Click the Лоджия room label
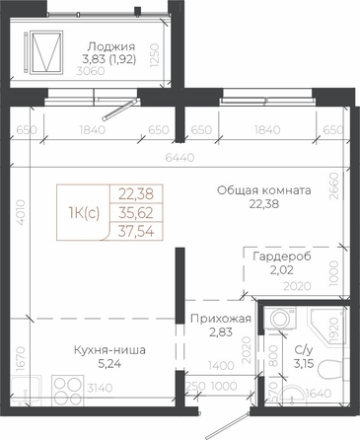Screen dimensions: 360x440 [x=111, y=46]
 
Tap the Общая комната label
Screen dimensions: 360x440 [x=264, y=190]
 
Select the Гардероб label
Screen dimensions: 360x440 [x=282, y=257]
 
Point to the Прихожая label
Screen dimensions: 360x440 [x=221, y=319]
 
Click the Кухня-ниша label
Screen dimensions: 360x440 [x=109, y=350]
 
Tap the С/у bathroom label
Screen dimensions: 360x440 [x=304, y=350]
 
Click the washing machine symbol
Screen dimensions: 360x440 [x=280, y=318]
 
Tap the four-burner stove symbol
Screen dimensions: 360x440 [x=68, y=391]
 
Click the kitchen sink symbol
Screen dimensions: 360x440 [x=25, y=391]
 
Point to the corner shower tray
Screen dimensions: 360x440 [x=326, y=326]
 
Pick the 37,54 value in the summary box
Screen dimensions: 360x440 [x=136, y=232]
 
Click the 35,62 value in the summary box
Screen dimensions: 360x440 [x=136, y=213]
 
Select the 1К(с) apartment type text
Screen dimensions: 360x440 [x=84, y=213]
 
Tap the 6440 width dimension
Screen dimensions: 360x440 [x=180, y=158]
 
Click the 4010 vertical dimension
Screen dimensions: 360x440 [x=21, y=212]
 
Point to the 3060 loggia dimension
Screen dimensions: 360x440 [x=91, y=71]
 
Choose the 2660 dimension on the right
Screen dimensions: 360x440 [x=333, y=186]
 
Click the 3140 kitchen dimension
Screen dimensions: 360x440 [x=100, y=388]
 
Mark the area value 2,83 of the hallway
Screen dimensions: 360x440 [x=221, y=332]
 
